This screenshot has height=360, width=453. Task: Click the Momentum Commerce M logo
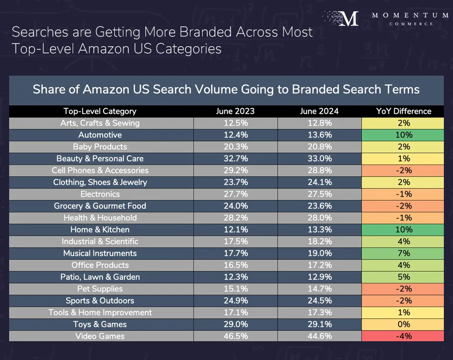click(348, 18)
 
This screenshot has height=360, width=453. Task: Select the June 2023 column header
click(235, 111)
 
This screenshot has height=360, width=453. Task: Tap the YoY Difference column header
click(403, 111)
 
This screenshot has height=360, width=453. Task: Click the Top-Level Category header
click(100, 111)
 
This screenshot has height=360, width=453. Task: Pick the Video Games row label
click(100, 336)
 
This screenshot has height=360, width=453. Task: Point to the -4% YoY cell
click(403, 336)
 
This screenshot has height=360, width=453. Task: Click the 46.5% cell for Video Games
click(235, 336)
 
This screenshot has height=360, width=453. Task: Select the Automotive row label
click(100, 135)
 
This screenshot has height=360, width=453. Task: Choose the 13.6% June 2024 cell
click(319, 135)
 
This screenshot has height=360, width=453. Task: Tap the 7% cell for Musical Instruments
click(403, 253)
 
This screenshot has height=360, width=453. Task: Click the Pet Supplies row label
click(100, 289)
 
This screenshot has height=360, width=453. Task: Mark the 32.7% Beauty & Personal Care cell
click(235, 158)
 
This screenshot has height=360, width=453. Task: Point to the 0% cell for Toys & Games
click(403, 324)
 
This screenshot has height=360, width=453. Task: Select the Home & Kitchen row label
click(100, 230)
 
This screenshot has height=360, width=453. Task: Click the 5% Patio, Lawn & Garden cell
click(403, 277)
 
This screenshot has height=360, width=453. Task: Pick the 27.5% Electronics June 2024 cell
click(319, 194)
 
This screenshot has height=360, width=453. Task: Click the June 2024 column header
click(319, 111)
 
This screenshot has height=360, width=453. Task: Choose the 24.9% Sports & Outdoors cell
click(235, 301)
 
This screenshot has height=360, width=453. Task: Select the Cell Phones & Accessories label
click(100, 171)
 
